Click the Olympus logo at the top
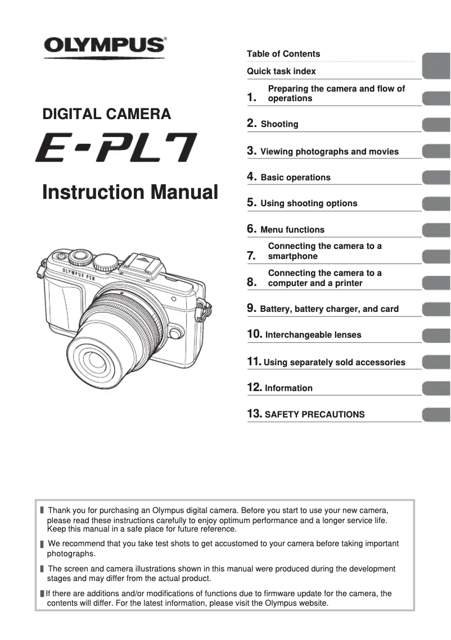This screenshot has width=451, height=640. (105, 45)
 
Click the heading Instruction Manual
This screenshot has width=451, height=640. (130, 192)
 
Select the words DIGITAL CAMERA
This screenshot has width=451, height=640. (107, 115)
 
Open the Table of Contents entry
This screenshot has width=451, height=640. (283, 54)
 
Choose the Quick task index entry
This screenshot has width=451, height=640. (281, 71)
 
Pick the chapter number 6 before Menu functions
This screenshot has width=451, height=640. (252, 229)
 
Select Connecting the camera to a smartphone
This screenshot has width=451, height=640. (324, 251)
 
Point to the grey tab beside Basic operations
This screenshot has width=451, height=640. (436, 178)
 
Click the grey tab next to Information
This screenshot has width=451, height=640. (436, 388)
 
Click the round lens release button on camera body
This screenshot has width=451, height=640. (175, 333)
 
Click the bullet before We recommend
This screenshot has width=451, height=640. (42, 544)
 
